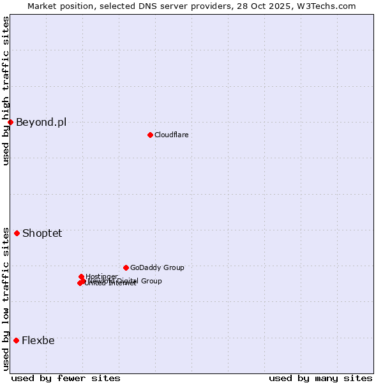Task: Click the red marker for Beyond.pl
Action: (x=11, y=122)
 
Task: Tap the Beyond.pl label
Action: (x=41, y=122)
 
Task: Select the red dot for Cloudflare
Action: (x=150, y=135)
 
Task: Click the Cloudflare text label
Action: (x=171, y=135)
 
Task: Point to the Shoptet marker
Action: (x=17, y=233)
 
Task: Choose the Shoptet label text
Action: (x=42, y=233)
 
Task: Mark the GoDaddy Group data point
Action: (x=126, y=267)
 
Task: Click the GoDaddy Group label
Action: (x=157, y=267)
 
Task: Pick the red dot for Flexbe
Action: (x=16, y=340)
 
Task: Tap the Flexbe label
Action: (x=38, y=340)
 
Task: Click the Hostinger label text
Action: (x=102, y=276)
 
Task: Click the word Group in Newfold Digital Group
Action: (x=151, y=281)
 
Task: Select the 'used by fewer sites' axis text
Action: (x=66, y=378)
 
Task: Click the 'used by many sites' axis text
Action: (x=320, y=378)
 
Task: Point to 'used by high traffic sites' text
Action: (x=6, y=91)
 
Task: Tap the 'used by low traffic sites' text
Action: (x=6, y=299)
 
